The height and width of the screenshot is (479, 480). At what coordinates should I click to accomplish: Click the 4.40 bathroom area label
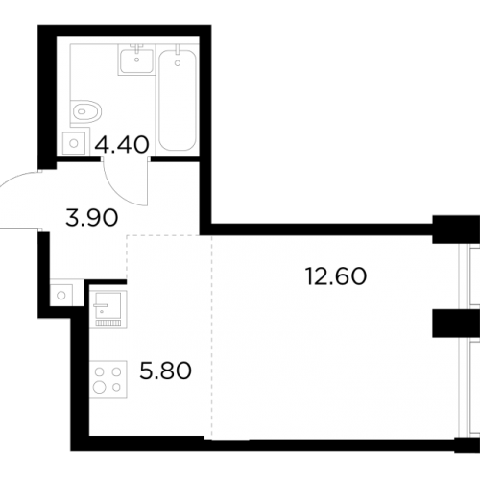(x=122, y=144)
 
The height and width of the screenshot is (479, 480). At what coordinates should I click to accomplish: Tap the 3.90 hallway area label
(x=92, y=218)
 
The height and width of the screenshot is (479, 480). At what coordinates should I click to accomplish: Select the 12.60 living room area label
(x=336, y=276)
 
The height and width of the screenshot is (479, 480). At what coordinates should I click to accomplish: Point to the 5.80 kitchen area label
(x=165, y=371)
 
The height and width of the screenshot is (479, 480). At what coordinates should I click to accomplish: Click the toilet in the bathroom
(x=85, y=112)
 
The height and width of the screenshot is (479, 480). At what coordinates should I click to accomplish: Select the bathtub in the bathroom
(x=178, y=100)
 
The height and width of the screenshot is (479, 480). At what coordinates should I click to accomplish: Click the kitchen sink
(x=108, y=309)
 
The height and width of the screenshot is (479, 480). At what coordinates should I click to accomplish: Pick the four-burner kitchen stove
(x=108, y=379)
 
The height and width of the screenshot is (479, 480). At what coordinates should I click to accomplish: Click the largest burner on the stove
(x=100, y=388)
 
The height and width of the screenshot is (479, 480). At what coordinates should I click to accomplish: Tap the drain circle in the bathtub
(x=178, y=63)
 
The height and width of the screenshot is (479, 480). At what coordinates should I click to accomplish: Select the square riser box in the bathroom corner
(x=74, y=143)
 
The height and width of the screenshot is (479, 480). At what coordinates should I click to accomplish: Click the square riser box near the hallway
(x=61, y=295)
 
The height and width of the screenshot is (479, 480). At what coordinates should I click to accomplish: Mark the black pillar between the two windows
(x=456, y=323)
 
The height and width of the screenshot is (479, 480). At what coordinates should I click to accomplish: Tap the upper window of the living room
(x=469, y=276)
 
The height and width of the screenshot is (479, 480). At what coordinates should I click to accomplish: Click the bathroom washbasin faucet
(x=137, y=49)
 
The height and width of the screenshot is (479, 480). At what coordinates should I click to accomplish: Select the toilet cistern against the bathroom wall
(x=72, y=112)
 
